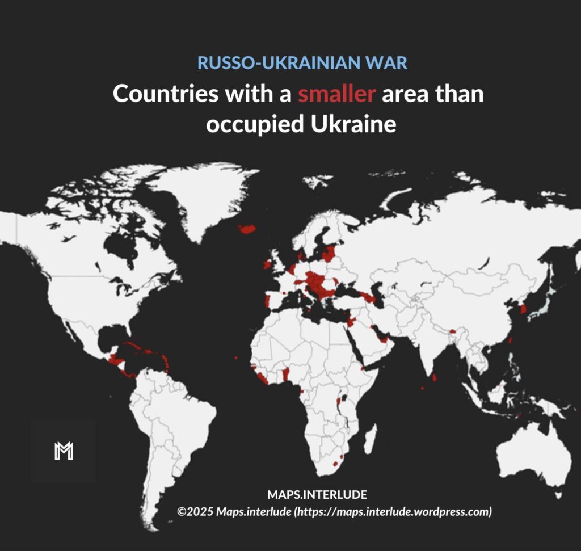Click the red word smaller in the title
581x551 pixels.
(336, 94)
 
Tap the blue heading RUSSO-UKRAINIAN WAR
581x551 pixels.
(302, 62)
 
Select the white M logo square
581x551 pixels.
(64, 451)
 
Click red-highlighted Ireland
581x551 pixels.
(267, 264)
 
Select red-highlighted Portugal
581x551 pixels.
(267, 300)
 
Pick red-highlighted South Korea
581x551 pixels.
(523, 309)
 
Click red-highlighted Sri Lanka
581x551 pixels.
(435, 376)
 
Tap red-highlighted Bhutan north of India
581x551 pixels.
(453, 330)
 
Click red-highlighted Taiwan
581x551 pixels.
(511, 340)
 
